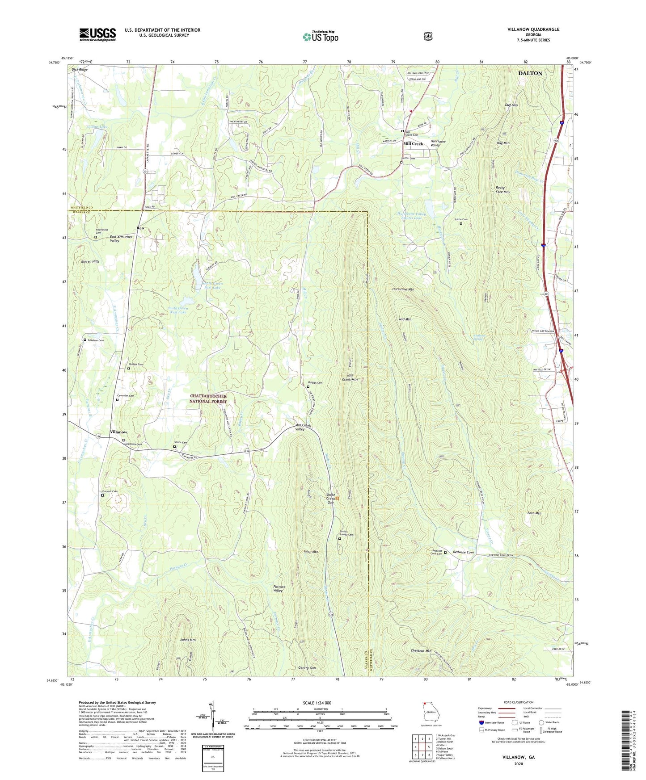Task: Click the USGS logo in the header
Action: pos(97,34)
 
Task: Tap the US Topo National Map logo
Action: pos(320,36)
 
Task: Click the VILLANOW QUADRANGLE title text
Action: pos(533,29)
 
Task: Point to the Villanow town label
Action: pos(118,432)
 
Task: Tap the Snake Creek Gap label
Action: pos(330,499)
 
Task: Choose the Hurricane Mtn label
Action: pos(403,289)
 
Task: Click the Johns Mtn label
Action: pos(188,640)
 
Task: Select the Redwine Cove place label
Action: pos(463,552)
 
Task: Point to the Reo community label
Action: pos(140,228)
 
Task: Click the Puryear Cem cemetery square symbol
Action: pos(102,495)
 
